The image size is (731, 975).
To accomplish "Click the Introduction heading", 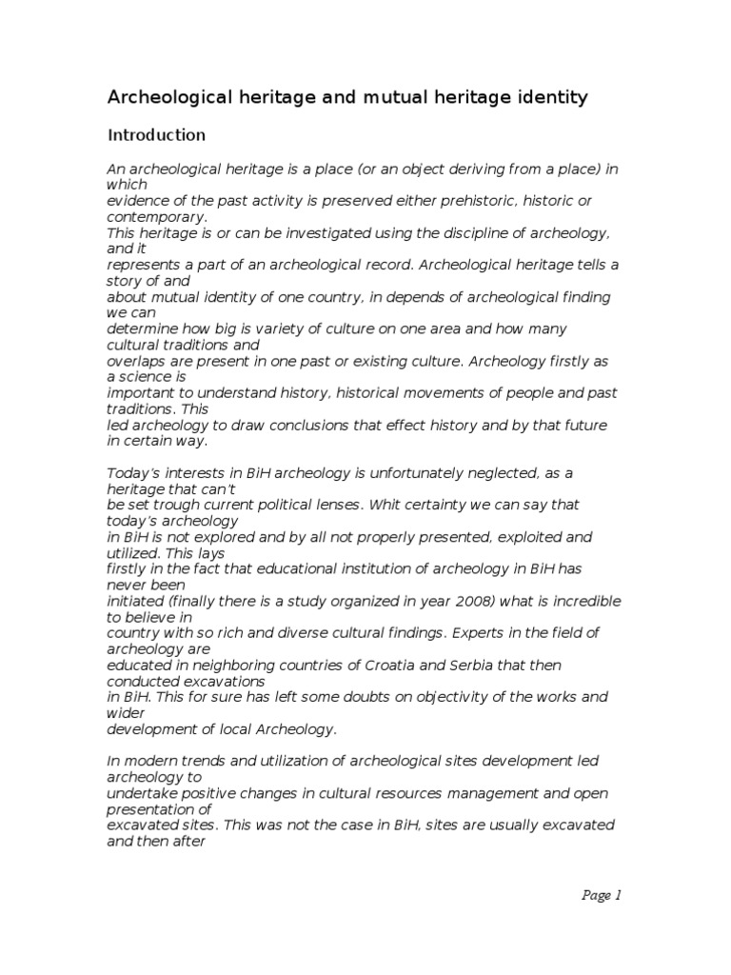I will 156,135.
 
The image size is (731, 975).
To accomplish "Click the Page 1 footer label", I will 601,894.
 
